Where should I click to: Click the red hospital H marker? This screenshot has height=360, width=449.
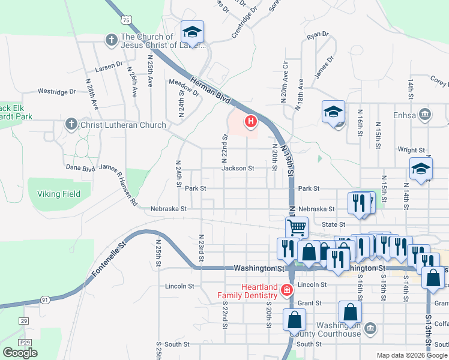tap(251, 122)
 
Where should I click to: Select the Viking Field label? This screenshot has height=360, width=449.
tap(59, 194)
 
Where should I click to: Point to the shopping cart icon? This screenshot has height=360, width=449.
tap(297, 227)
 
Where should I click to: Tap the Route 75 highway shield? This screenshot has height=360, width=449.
tap(125, 20)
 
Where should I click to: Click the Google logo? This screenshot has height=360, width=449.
tap(20, 353)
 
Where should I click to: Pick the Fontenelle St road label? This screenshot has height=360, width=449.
tap(108, 260)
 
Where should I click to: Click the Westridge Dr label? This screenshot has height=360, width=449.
tap(57, 92)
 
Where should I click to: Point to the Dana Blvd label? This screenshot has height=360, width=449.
tap(80, 168)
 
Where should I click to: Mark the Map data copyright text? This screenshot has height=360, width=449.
tap(411, 355)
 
